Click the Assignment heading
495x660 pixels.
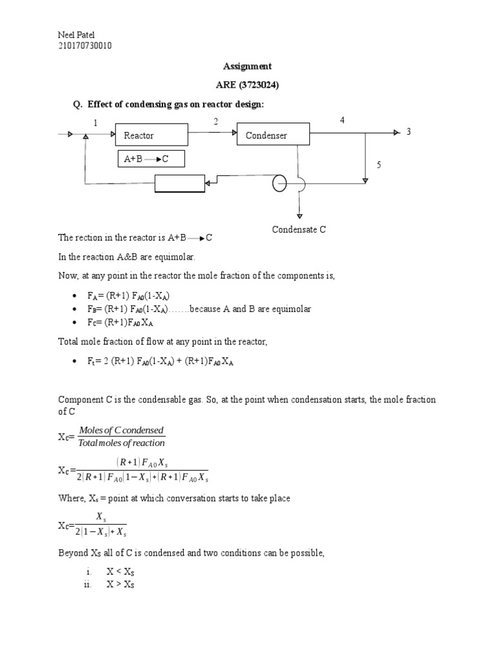point(247,66)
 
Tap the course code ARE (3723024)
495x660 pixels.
point(247,84)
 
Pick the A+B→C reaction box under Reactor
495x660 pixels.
point(151,159)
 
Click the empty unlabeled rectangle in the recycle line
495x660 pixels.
point(180,184)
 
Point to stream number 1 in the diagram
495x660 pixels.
point(95,122)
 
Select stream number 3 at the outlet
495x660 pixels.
point(408,131)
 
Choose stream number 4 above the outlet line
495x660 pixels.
point(342,120)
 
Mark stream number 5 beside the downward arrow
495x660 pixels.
point(379,165)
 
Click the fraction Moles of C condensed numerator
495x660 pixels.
point(121,430)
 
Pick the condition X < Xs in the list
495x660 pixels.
point(121,572)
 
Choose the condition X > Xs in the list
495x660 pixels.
point(121,585)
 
